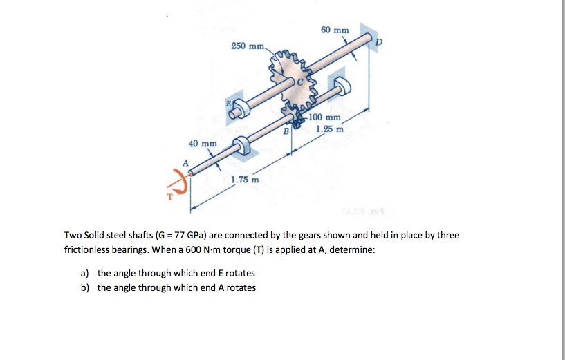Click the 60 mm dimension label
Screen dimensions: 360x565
(335, 30)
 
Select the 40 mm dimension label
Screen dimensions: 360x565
(203, 144)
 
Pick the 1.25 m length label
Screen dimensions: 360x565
(330, 129)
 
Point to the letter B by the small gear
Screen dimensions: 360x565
(284, 130)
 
